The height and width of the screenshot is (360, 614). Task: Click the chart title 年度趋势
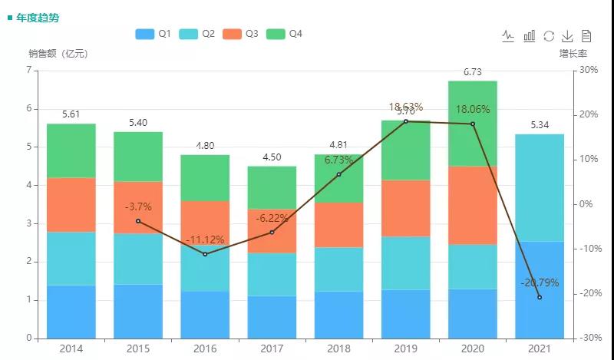[36, 17]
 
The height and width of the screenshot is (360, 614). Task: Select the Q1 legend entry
[153, 34]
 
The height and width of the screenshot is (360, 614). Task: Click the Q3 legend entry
[240, 34]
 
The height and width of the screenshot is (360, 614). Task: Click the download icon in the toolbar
[568, 35]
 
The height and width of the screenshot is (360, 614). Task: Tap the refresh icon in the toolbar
[548, 35]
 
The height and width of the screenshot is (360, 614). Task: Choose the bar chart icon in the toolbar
[529, 35]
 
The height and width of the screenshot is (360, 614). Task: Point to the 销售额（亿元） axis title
[59, 54]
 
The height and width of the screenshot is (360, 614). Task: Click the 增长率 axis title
[573, 54]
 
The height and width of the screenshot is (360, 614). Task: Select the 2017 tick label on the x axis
[272, 348]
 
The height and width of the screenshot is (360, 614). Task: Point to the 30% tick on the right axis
[588, 70]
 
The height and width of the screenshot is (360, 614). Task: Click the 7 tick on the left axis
[28, 70]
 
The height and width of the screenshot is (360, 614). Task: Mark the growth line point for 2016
[205, 254]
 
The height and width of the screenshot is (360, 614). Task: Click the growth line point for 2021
[540, 297]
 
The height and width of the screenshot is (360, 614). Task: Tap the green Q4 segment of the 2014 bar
[71, 150]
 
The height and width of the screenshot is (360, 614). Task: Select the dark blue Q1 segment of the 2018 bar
[339, 315]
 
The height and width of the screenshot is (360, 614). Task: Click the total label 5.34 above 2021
[540, 125]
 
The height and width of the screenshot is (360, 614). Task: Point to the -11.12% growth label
[205, 240]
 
